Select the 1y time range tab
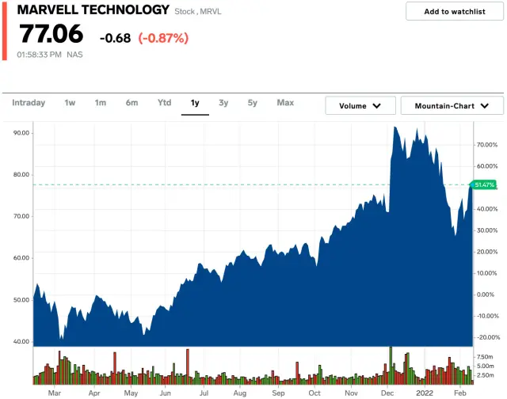coord(195,103)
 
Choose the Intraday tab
coord(29,103)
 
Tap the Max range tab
coord(285,103)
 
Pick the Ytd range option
coord(164,103)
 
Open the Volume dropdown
coord(360,105)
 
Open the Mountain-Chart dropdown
coord(452,105)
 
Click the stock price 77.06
coord(50,35)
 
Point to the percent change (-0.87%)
coord(162,38)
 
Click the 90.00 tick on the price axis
coord(21,133)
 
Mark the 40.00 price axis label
coord(21,341)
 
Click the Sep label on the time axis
coord(278,393)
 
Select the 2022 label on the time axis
coord(425,393)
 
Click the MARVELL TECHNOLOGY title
coord(93,10)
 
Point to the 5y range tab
coord(252,103)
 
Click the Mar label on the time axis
coord(54,393)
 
